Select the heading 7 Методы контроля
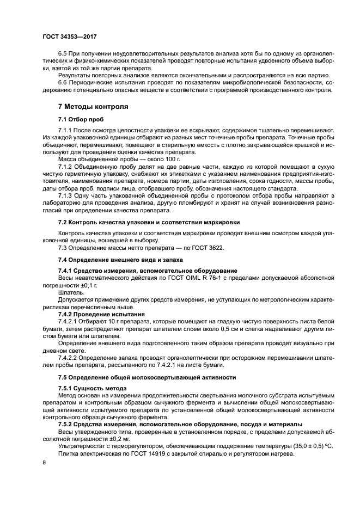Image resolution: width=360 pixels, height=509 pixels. tap(93, 106)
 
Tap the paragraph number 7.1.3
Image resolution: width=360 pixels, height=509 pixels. tap(67, 195)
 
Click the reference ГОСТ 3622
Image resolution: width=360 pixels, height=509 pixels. tap(208, 248)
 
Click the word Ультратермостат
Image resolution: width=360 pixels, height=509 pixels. tap(82, 445)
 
